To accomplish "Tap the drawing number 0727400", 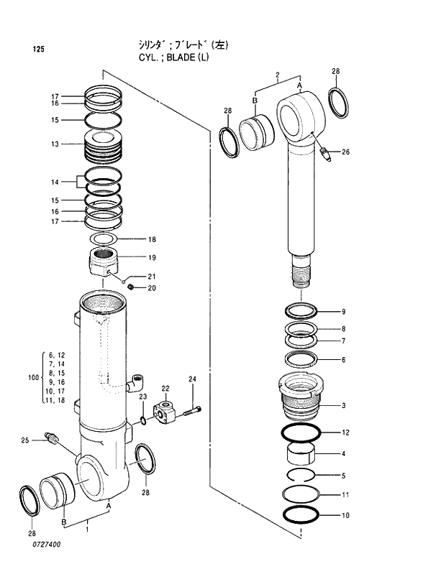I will click(x=45, y=545).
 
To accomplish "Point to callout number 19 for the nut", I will click(x=152, y=257).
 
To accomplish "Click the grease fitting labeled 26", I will click(x=324, y=153).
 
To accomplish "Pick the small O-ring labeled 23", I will click(x=144, y=420).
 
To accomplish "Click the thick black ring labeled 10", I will click(x=301, y=514).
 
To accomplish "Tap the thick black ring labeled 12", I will click(x=301, y=433).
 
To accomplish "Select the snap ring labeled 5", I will click(x=301, y=475).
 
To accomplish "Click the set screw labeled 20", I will click(x=132, y=287).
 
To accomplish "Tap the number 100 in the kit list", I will click(x=33, y=377).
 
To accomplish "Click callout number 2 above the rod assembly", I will click(x=276, y=74).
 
